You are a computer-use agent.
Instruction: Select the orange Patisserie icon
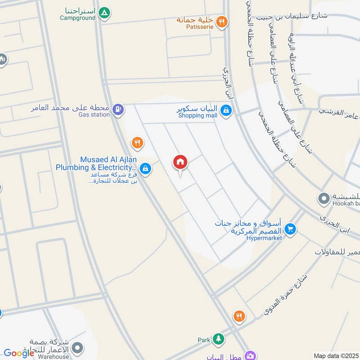[221, 21]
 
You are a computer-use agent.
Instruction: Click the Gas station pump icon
[118, 109]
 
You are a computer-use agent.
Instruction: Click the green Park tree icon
[218, 339]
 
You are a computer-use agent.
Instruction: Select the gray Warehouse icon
[78, 347]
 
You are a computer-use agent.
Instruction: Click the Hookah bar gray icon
[324, 198]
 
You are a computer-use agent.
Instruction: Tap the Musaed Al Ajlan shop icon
[145, 169]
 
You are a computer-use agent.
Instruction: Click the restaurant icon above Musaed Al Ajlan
[137, 143]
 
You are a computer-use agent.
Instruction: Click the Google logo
[19, 353]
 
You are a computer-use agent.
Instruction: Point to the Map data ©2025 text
[335, 355]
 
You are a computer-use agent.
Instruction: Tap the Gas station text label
[94, 115]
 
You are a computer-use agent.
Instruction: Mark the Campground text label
[78, 18]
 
